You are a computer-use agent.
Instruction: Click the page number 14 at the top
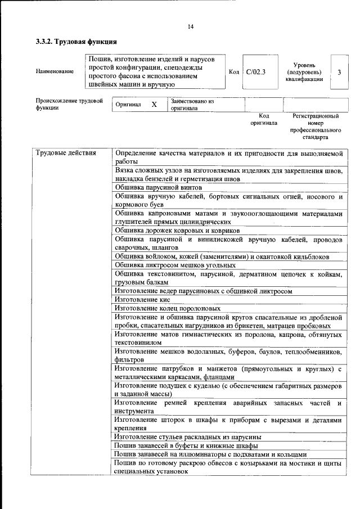(x=190, y=27)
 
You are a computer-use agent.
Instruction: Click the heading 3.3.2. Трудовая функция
(x=76, y=42)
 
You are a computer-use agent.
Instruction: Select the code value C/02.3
(x=255, y=72)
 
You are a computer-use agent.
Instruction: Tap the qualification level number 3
(x=339, y=72)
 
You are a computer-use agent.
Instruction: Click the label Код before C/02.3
(x=234, y=72)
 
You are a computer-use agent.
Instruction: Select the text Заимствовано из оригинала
(x=192, y=105)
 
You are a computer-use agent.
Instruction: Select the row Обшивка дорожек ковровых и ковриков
(x=177, y=230)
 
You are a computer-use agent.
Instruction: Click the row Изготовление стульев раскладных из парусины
(x=187, y=436)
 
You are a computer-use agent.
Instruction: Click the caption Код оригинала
(x=264, y=119)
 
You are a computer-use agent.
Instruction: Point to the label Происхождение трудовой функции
(x=69, y=105)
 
